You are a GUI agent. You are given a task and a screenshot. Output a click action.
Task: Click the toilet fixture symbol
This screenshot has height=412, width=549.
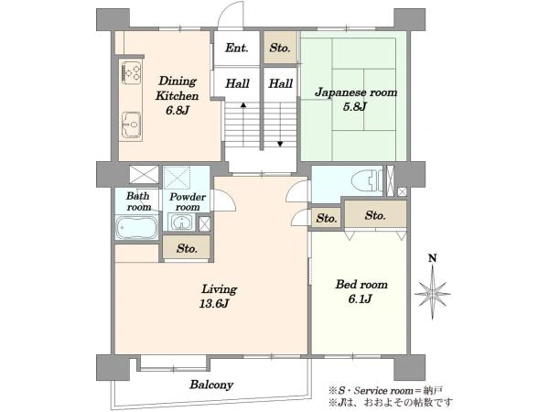367,180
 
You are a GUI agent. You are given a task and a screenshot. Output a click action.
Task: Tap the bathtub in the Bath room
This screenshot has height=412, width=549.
136,227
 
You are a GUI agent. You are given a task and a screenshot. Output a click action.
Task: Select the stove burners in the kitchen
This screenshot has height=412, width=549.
132,72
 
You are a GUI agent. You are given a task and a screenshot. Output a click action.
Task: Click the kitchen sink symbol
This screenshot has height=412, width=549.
131,125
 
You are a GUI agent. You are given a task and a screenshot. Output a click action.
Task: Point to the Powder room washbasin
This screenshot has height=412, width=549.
181,222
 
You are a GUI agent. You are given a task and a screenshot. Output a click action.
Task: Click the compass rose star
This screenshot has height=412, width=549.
433,293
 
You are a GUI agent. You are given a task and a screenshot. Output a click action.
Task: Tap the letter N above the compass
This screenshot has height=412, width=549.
433,258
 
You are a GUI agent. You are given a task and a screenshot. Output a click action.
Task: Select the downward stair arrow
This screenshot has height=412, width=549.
280,124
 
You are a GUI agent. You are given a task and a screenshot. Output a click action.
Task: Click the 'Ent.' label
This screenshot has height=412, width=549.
237,48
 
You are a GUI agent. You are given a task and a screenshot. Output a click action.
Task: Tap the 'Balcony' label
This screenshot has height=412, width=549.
211,385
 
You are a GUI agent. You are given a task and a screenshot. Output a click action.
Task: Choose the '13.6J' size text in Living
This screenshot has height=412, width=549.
214,303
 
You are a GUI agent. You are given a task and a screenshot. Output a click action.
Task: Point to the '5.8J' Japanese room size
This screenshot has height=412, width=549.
355,106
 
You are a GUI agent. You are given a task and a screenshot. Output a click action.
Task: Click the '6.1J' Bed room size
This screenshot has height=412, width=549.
360,298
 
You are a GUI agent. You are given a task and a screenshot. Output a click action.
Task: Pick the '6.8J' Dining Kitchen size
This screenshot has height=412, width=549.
178,111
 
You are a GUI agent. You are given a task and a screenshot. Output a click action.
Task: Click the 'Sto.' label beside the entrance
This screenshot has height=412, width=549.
280,48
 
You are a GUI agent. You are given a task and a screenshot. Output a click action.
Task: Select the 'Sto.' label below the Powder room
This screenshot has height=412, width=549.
187,249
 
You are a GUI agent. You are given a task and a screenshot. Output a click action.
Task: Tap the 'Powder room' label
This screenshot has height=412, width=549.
188,201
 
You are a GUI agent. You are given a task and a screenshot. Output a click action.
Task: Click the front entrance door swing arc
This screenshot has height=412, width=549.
227,10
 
